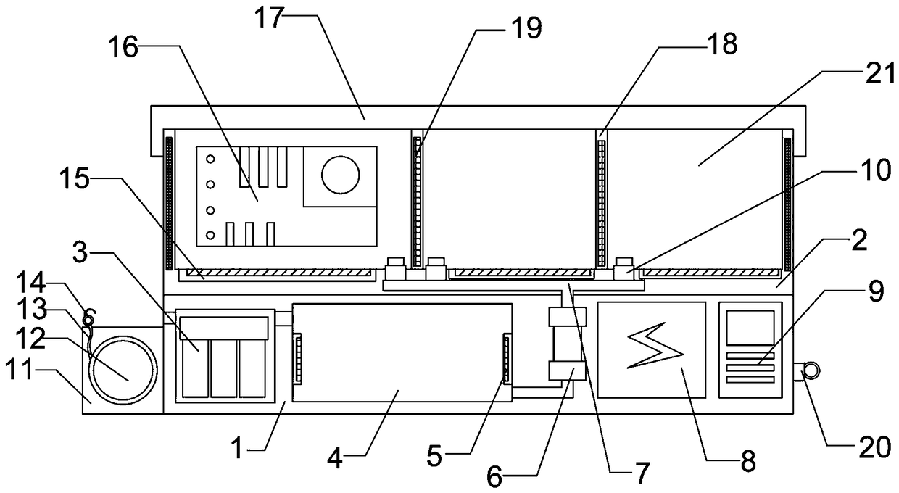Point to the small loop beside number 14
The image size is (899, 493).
coord(90,317)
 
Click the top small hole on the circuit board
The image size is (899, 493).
coord(210,158)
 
